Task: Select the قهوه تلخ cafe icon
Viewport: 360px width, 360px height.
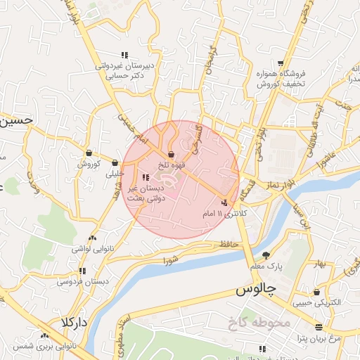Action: [x=172, y=155]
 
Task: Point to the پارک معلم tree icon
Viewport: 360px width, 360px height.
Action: [x=266, y=255]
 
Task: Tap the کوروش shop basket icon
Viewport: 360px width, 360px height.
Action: [x=90, y=153]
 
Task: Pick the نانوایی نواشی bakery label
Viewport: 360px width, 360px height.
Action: [x=92, y=249]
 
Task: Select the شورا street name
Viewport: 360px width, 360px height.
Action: [x=171, y=261]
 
